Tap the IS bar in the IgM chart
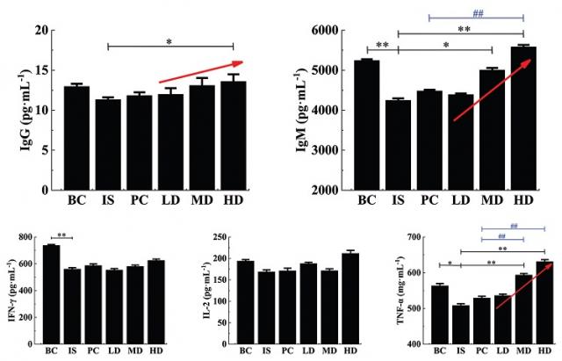point(398,145)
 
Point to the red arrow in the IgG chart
point(201,71)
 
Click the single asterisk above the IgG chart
point(170,41)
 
